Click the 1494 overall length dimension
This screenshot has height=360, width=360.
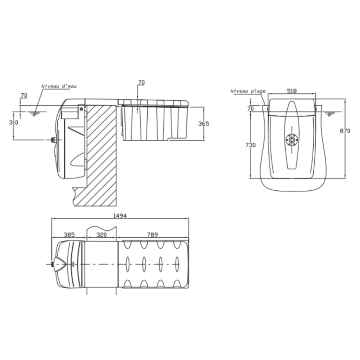120,216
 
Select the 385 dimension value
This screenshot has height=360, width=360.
69,235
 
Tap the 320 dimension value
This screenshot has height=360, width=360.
102,235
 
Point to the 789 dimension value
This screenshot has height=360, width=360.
152,235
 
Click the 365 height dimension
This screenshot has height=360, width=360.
204,124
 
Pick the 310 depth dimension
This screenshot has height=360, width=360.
14,122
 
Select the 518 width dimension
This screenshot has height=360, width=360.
292,91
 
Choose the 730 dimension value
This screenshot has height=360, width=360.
250,145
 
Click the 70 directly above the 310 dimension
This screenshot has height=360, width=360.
24,95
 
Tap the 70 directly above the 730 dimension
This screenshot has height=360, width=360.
250,108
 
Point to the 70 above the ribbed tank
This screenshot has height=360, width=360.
141,82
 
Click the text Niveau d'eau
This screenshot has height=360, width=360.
59,86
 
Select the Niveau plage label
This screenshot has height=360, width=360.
248,91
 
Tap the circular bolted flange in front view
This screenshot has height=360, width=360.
292,139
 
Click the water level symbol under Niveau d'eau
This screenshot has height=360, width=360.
35,113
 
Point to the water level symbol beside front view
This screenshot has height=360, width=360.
330,114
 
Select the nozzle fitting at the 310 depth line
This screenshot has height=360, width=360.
54,140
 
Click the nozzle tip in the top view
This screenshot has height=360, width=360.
52,264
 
